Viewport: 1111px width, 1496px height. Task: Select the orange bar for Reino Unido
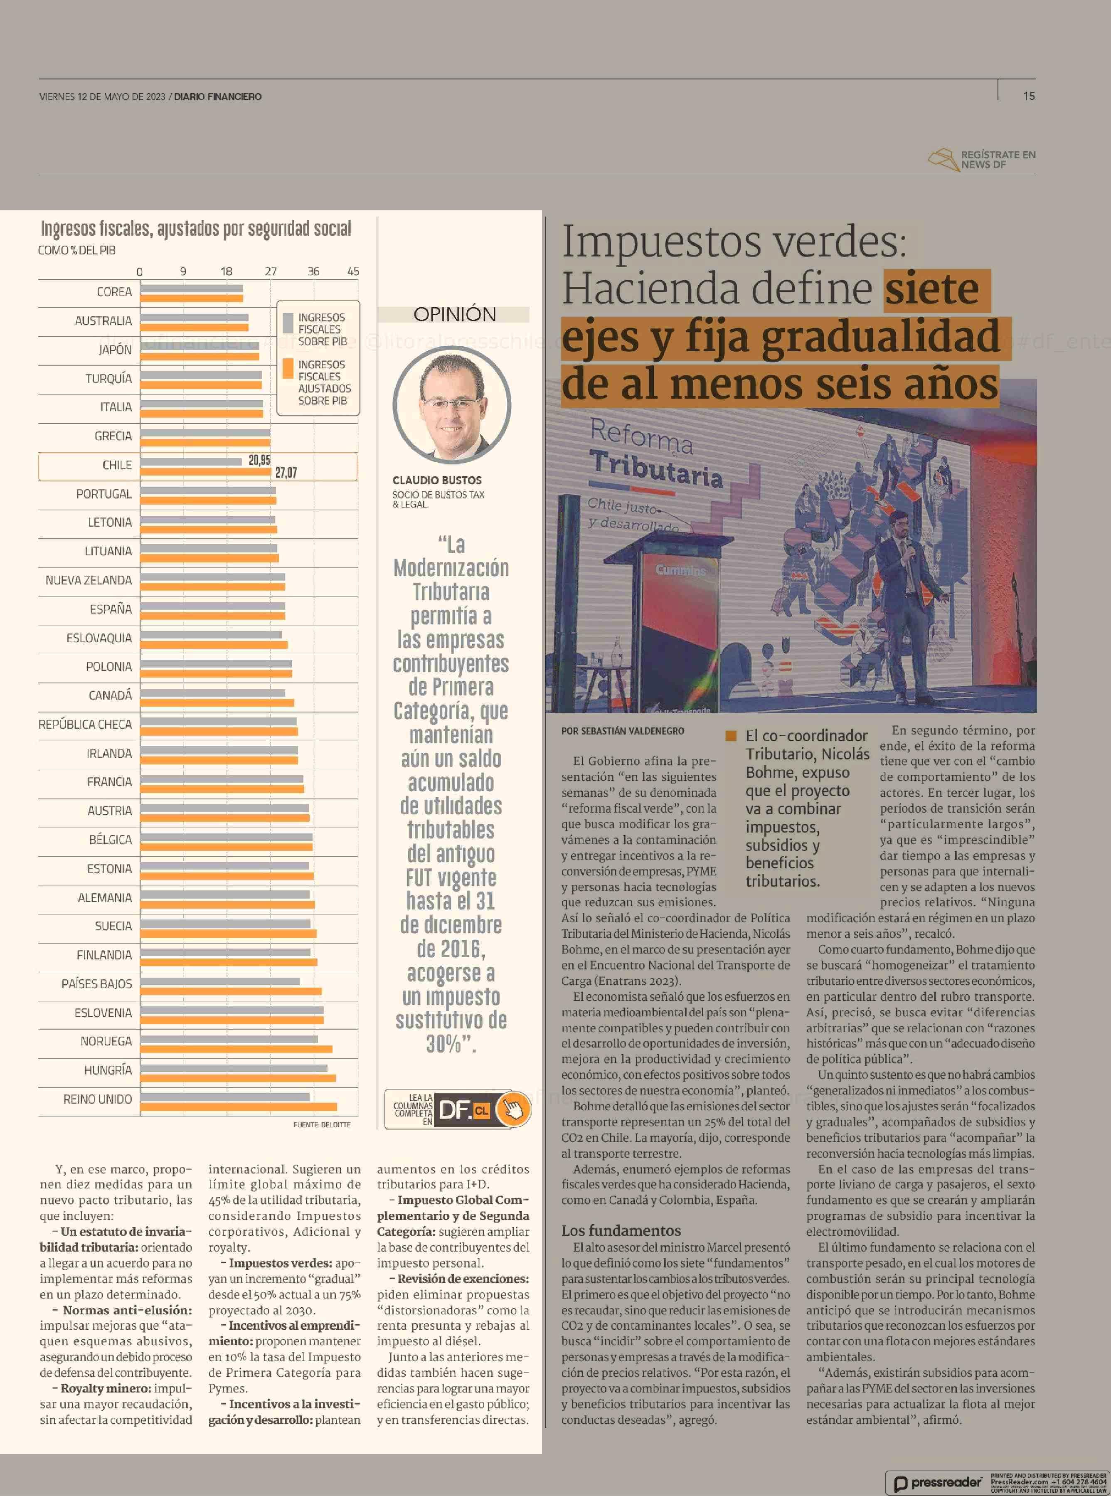[239, 1107]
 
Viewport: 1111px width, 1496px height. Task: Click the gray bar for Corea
[192, 288]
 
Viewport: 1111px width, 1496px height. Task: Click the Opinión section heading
[455, 314]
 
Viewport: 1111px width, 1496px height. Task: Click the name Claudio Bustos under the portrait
[437, 480]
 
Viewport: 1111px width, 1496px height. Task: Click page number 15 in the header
[1029, 96]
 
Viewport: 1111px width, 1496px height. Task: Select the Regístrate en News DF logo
[982, 160]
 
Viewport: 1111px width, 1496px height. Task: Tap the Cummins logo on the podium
[680, 570]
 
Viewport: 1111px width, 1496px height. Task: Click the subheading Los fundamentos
[621, 1230]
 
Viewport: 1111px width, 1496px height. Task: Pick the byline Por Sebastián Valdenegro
[623, 731]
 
